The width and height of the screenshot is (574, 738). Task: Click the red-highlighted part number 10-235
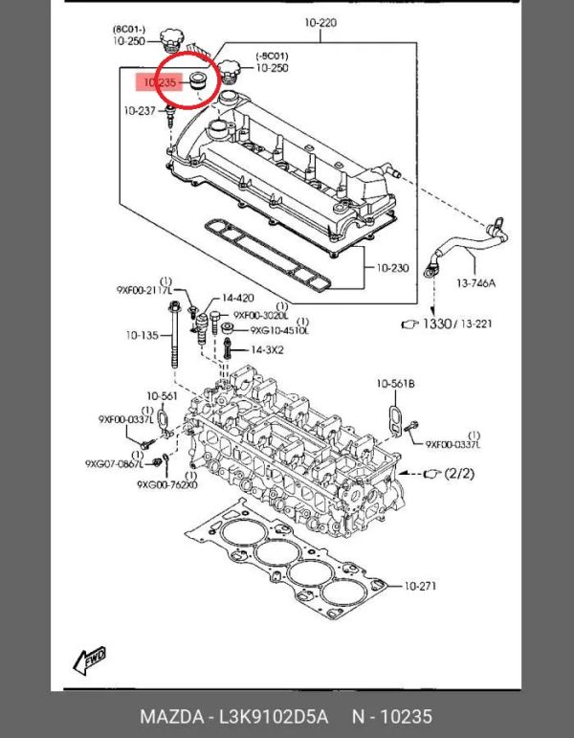tap(154, 84)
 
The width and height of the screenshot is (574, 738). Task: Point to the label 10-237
tap(140, 112)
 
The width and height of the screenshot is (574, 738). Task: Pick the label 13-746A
tap(475, 283)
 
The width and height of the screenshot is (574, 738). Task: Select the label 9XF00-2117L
tap(143, 289)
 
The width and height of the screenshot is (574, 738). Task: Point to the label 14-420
tap(238, 298)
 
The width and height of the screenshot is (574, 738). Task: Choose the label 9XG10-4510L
tap(279, 331)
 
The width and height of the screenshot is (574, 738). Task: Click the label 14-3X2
tap(267, 350)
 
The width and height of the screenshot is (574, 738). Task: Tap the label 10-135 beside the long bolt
tap(140, 335)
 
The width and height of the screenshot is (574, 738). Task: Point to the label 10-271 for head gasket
tap(420, 585)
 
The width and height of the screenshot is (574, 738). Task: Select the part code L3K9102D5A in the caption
tap(275, 717)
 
